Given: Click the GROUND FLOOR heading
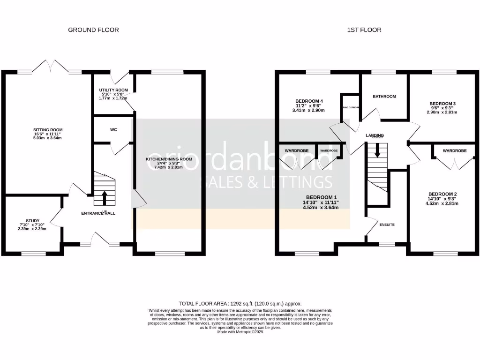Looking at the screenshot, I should coord(93,30).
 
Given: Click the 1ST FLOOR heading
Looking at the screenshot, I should coord(364,30).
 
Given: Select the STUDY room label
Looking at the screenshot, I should coord(33,220).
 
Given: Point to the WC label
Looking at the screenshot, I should coord(113,129).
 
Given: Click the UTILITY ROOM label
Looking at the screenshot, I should coord(113,90).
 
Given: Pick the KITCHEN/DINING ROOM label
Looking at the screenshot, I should coord(169,159).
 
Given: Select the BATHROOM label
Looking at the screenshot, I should coord(384,97).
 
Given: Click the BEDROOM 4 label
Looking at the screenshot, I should coord(309,101).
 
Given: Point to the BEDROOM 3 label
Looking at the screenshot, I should coord(442,104).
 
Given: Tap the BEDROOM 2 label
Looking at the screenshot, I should coord(442,194).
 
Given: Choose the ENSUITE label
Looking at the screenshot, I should coord(387,225).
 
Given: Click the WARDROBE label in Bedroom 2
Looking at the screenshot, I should coord(454,151).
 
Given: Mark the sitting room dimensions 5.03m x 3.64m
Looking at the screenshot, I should coord(47,138).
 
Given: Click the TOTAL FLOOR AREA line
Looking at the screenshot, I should coord(240,304).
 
